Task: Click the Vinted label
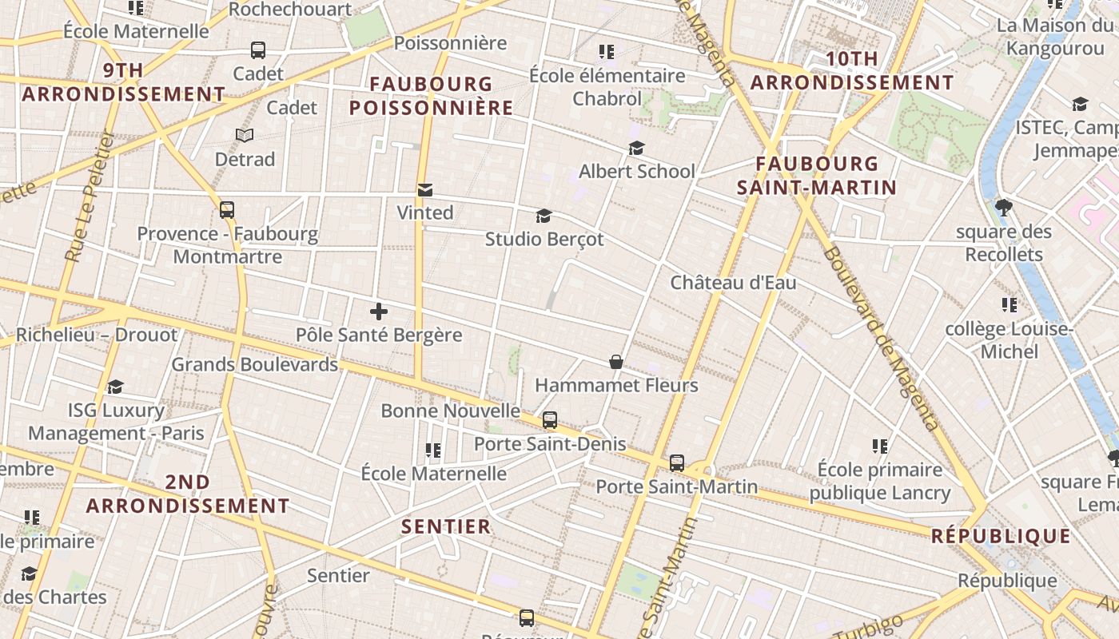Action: click(425, 212)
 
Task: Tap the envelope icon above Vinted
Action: click(425, 190)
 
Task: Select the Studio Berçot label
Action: click(544, 239)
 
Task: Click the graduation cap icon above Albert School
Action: click(636, 149)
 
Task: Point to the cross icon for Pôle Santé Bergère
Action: click(379, 312)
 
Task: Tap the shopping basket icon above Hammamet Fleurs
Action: click(616, 363)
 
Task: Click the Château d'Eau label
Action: click(733, 283)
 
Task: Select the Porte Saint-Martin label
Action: click(676, 486)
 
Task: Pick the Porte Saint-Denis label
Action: click(550, 444)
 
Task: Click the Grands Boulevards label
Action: click(255, 365)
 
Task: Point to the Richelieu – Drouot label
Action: click(97, 335)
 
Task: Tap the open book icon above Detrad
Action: click(245, 136)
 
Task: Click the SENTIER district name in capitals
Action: click(446, 526)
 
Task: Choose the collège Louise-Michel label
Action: click(1009, 340)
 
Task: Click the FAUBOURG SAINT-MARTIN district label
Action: click(816, 176)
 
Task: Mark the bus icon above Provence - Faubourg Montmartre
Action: click(227, 211)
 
